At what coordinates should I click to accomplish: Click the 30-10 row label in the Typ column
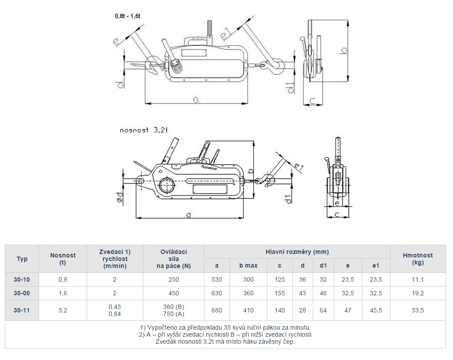(22, 279)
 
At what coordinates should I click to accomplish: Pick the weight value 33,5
(417, 310)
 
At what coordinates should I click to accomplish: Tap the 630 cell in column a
(217, 293)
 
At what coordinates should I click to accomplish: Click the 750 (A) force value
(173, 314)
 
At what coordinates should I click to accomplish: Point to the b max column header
(248, 265)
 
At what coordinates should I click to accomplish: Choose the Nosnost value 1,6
(63, 293)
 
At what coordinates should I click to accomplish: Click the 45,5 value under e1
(376, 310)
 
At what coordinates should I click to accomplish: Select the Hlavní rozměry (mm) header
(297, 252)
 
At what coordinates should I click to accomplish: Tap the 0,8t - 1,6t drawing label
(128, 16)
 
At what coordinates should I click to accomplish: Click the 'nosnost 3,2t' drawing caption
(144, 130)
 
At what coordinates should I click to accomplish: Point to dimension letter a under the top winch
(196, 100)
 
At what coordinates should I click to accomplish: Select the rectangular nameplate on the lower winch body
(210, 190)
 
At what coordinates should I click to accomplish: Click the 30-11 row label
(22, 310)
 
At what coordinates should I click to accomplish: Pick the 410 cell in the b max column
(248, 310)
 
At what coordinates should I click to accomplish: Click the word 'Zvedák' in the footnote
(166, 342)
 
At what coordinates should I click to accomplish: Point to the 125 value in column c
(280, 279)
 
